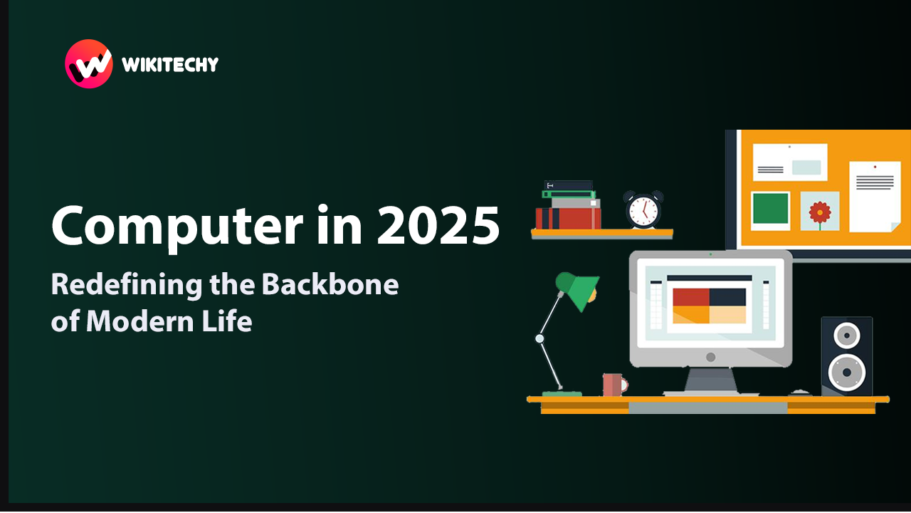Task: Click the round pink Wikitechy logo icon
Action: coord(89,64)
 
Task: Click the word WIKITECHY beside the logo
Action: coord(170,64)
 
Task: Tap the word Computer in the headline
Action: coord(177,227)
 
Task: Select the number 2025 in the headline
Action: coord(438,225)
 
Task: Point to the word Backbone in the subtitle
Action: coord(330,284)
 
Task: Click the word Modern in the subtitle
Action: coord(140,321)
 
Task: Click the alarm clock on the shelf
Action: coord(643,209)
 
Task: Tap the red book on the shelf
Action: coord(568,219)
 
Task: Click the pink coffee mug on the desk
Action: coord(614,385)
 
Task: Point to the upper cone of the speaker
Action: coord(847,336)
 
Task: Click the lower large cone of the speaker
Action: coord(847,372)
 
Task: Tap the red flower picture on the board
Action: coord(820,211)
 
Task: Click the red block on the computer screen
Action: coord(691,297)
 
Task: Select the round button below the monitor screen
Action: coord(710,357)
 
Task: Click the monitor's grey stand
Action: coord(710,381)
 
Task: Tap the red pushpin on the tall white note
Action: coord(875,167)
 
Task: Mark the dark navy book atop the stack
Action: coord(568,185)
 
